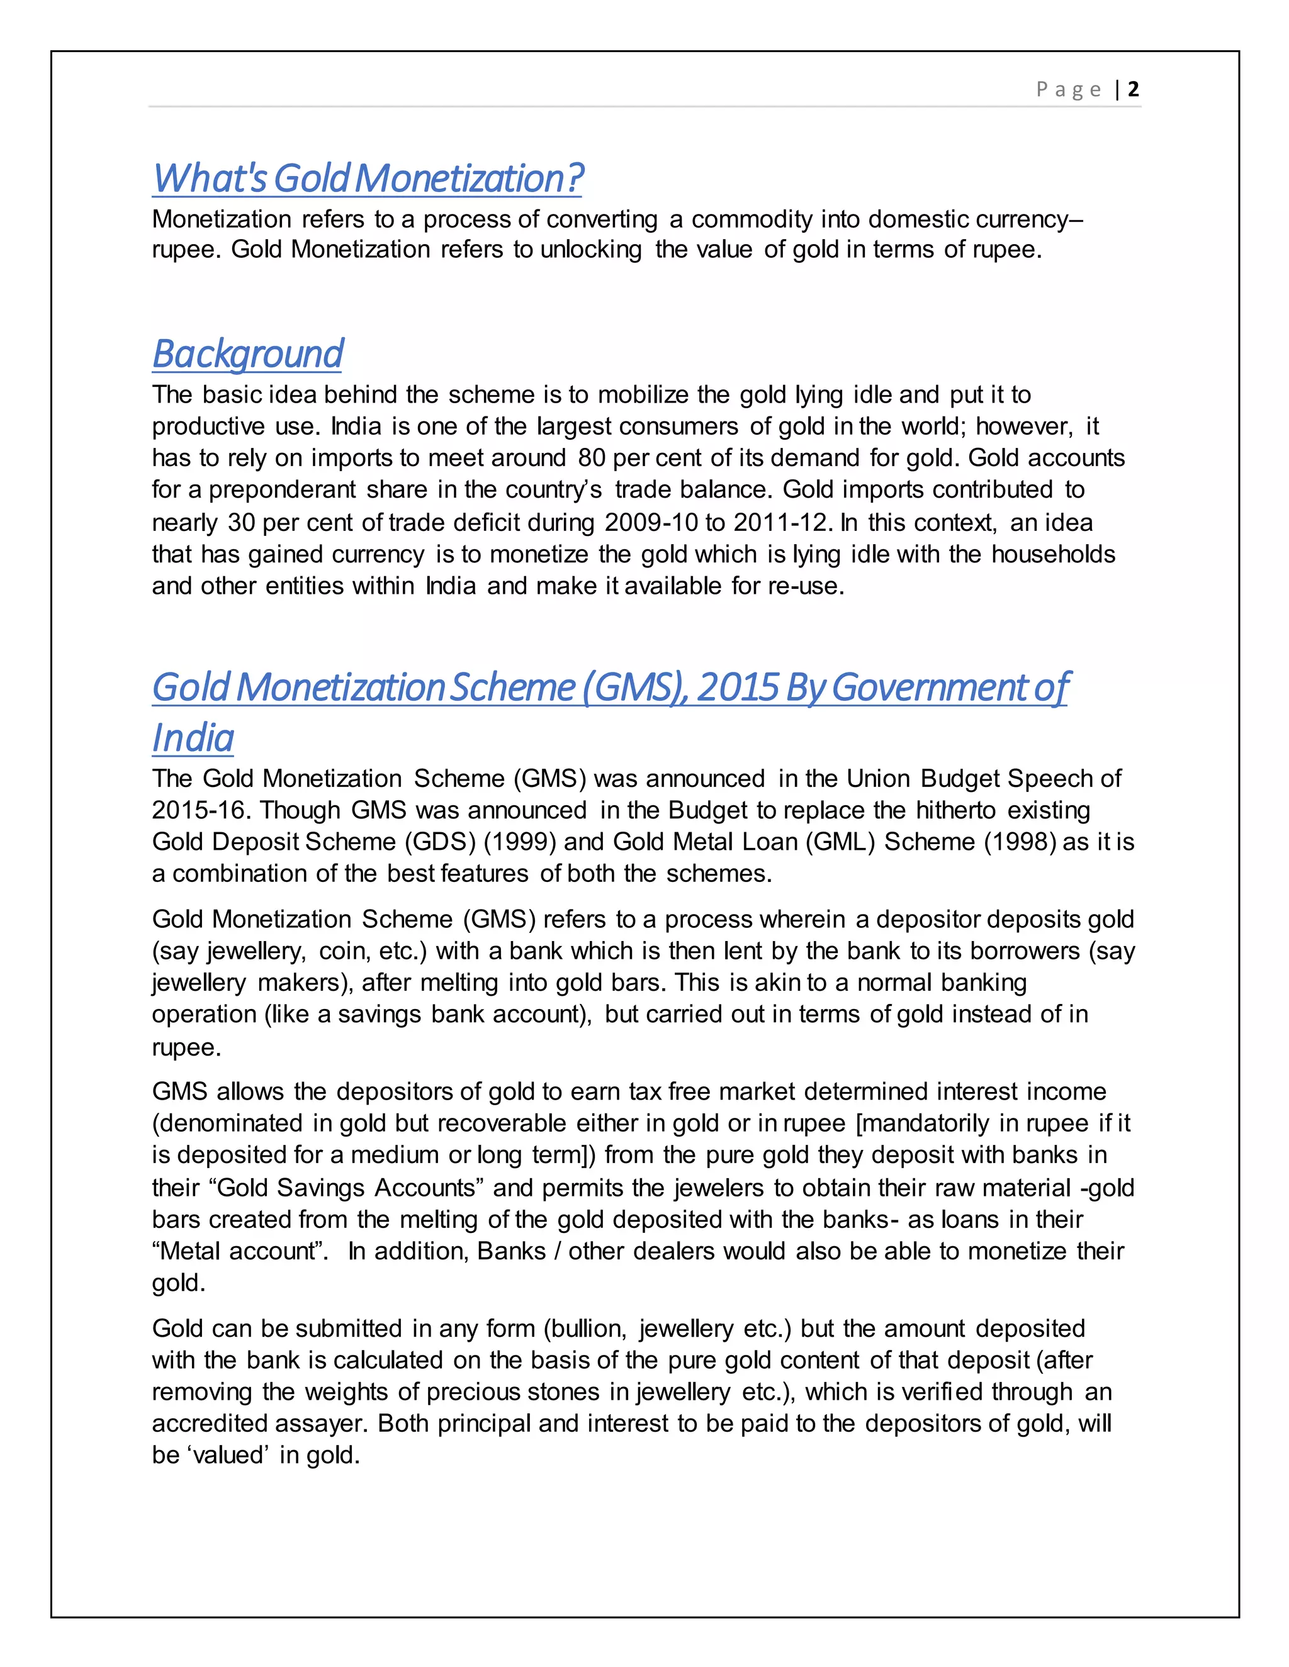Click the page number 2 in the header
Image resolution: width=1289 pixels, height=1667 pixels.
click(x=1133, y=89)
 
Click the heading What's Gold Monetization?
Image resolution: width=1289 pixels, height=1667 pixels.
click(x=368, y=179)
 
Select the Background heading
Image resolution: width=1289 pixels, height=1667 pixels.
click(x=247, y=354)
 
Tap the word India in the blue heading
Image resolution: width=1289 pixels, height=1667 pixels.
click(x=193, y=738)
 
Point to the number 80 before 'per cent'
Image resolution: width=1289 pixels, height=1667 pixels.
click(x=592, y=458)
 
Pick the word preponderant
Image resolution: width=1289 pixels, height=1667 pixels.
click(x=282, y=489)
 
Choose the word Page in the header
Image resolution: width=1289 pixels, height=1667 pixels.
click(x=1068, y=90)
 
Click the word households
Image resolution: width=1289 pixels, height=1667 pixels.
click(x=1053, y=554)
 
